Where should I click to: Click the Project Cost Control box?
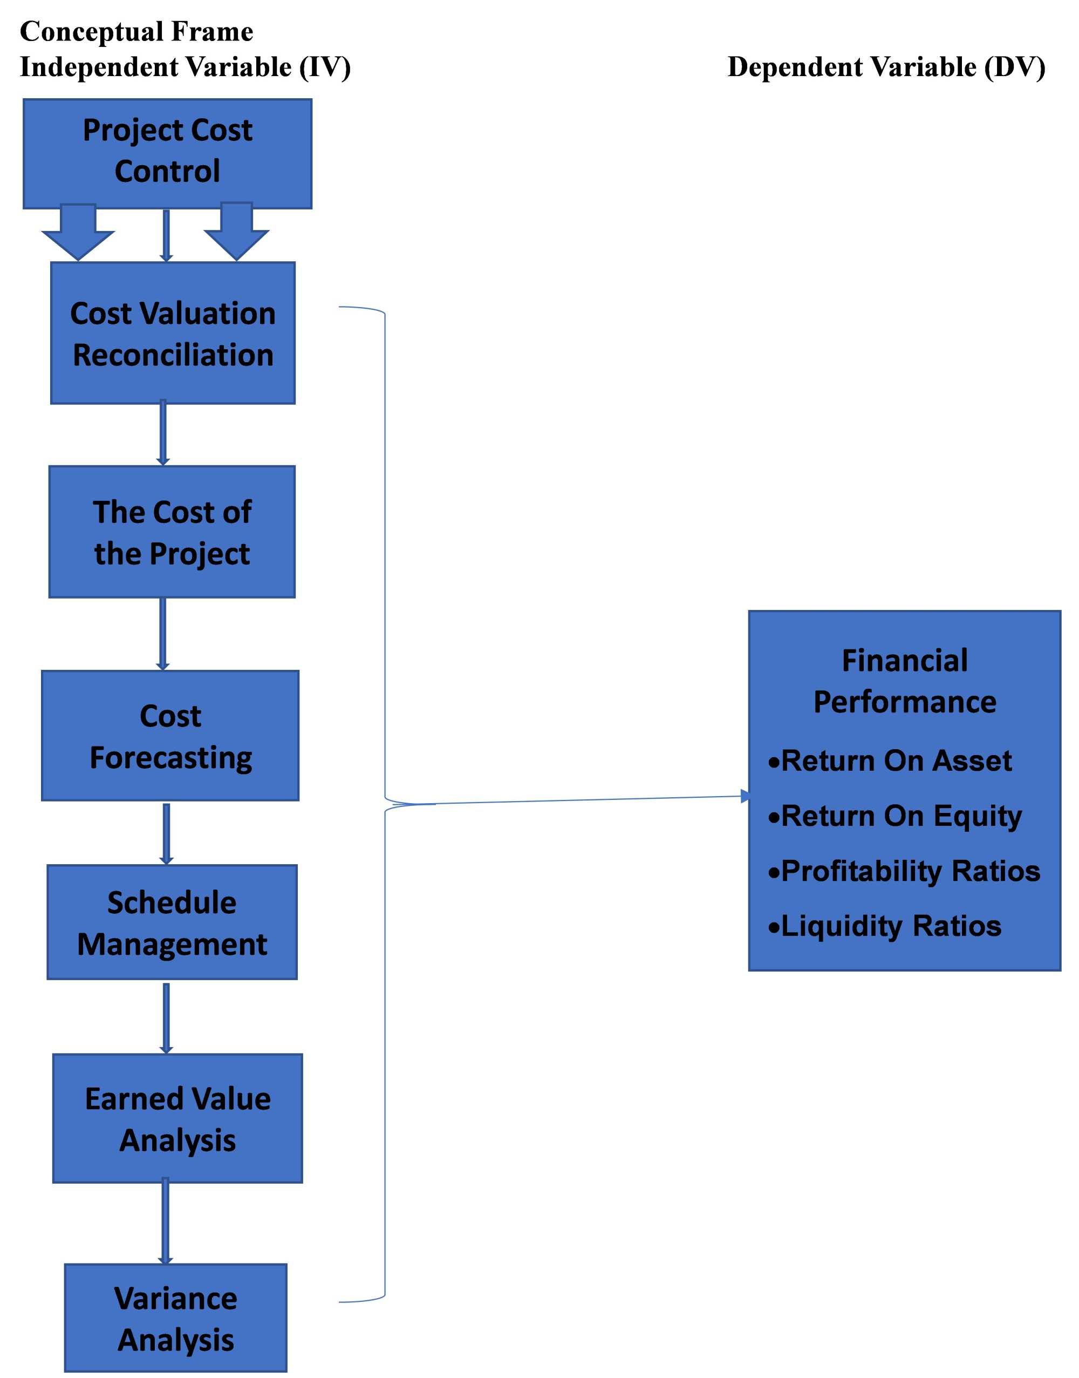pyautogui.click(x=167, y=153)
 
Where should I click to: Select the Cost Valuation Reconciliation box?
pyautogui.click(x=173, y=333)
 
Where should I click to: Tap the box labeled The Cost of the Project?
pyautogui.click(x=172, y=532)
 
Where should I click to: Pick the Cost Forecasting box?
pyautogui.click(x=170, y=736)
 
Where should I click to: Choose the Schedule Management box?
pyautogui.click(x=172, y=922)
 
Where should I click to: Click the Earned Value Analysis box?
pyautogui.click(x=177, y=1118)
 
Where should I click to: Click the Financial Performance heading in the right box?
pyautogui.click(x=904, y=681)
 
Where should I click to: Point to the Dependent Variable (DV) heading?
pyautogui.click(x=886, y=67)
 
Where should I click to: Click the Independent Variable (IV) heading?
pyautogui.click(x=185, y=67)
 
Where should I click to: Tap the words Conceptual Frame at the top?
pyautogui.click(x=136, y=32)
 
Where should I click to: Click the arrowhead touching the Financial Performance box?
pyautogui.click(x=746, y=796)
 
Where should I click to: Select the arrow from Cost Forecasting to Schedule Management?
pyautogui.click(x=166, y=833)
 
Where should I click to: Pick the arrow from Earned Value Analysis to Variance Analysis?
pyautogui.click(x=166, y=1221)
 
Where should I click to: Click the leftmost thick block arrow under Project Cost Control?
pyautogui.click(x=78, y=232)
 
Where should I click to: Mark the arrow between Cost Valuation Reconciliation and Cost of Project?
pyautogui.click(x=163, y=433)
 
